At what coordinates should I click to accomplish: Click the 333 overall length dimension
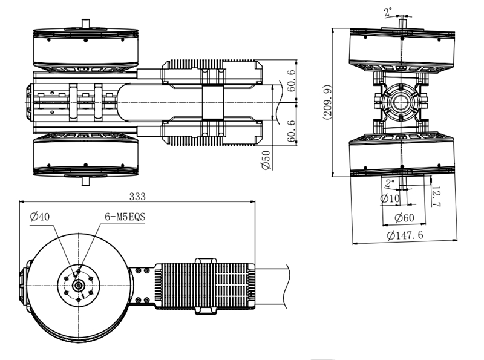coord(137,197)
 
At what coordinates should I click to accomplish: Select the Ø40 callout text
coord(40,217)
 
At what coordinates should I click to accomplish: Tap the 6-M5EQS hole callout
coord(125,217)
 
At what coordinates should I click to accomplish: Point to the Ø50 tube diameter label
coord(266,160)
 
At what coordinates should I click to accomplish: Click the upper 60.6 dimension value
coord(292,80)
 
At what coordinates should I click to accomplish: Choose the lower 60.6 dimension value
coord(292,131)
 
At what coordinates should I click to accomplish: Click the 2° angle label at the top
coord(388,12)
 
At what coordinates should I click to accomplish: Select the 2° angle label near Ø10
coord(390,183)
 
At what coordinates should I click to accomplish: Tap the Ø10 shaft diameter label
coord(390,198)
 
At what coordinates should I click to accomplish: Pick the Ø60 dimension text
coord(404,218)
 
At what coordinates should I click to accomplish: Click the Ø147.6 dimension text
coord(405,235)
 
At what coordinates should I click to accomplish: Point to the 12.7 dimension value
coord(436,196)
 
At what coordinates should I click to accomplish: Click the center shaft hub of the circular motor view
coord(79,286)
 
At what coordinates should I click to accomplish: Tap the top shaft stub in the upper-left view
coord(85,24)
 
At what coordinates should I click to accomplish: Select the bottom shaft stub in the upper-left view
coord(85,181)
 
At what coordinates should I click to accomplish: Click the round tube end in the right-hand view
coord(401,102)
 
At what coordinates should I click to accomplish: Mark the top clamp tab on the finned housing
coord(206,261)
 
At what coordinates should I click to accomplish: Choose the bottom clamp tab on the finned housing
coord(206,311)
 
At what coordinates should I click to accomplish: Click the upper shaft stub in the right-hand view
coord(402,24)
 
